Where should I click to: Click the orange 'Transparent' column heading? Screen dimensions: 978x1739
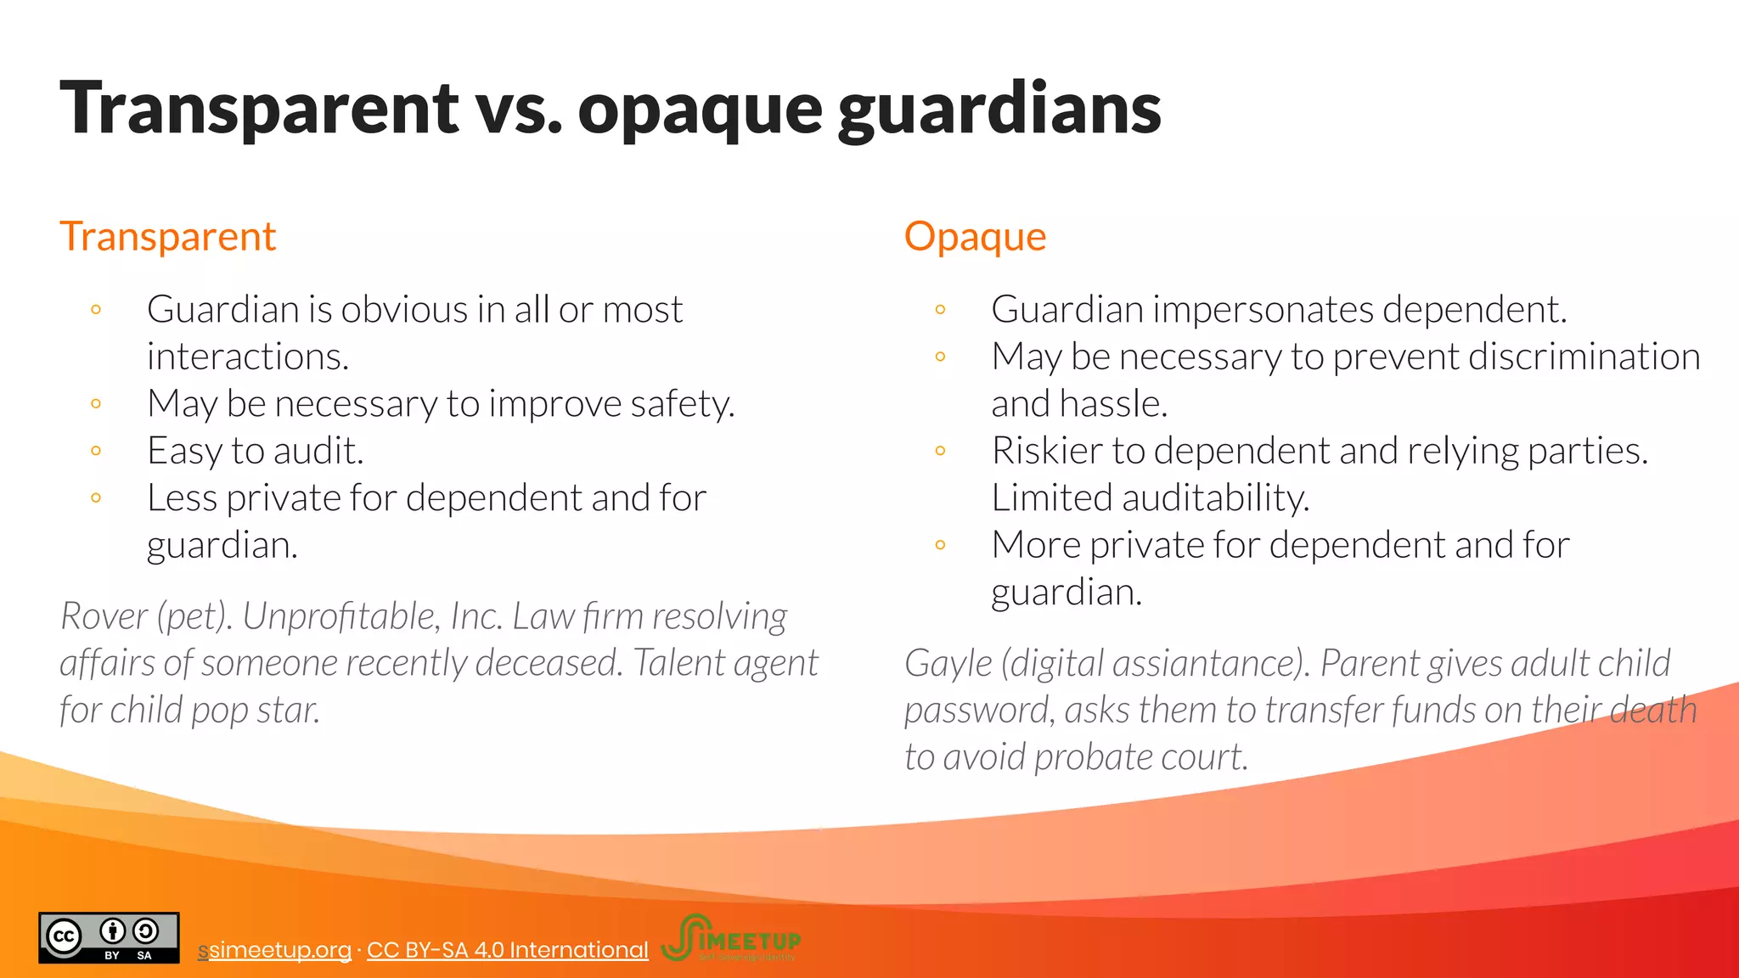pos(167,236)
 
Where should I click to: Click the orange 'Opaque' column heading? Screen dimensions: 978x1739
pos(975,236)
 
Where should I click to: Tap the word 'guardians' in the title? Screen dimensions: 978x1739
pos(999,109)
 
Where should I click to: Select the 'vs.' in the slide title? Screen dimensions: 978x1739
pos(517,109)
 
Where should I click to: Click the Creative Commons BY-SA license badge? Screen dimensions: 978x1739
pos(109,937)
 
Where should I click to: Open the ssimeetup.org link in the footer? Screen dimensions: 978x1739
pos(275,949)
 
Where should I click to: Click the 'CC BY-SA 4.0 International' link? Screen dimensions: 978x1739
pos(507,949)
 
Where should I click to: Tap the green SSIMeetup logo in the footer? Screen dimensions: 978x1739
pos(730,937)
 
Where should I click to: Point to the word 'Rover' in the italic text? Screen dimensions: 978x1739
pos(104,616)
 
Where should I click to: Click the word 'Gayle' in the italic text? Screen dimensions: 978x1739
pos(948,663)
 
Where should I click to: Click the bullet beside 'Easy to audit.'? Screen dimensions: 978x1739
pos(96,451)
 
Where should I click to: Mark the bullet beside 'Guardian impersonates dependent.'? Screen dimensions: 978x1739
pos(940,310)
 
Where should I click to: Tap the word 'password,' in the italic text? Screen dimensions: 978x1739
pos(978,711)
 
